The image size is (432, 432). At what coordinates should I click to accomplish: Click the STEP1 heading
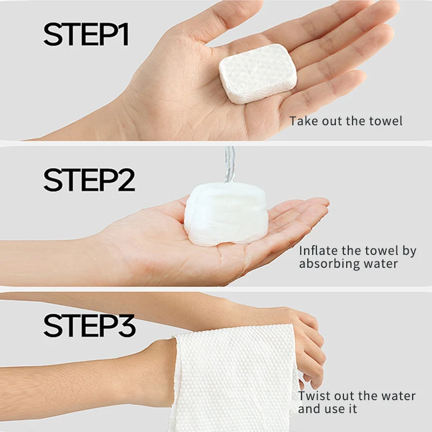pos(86,35)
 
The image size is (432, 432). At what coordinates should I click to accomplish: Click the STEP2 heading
pos(89,180)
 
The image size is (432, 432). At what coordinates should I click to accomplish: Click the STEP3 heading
pos(90,326)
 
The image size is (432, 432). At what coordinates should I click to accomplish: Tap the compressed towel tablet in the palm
pos(258,74)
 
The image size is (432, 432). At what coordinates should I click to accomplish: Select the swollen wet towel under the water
pos(226,214)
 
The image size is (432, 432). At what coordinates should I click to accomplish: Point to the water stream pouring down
pos(230,165)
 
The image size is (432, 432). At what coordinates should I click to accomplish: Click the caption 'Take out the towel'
pos(346,121)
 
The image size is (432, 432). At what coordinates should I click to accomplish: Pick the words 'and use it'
pos(328,409)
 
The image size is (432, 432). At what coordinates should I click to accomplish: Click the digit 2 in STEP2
pos(126,180)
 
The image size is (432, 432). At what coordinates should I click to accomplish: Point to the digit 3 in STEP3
pos(127,326)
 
